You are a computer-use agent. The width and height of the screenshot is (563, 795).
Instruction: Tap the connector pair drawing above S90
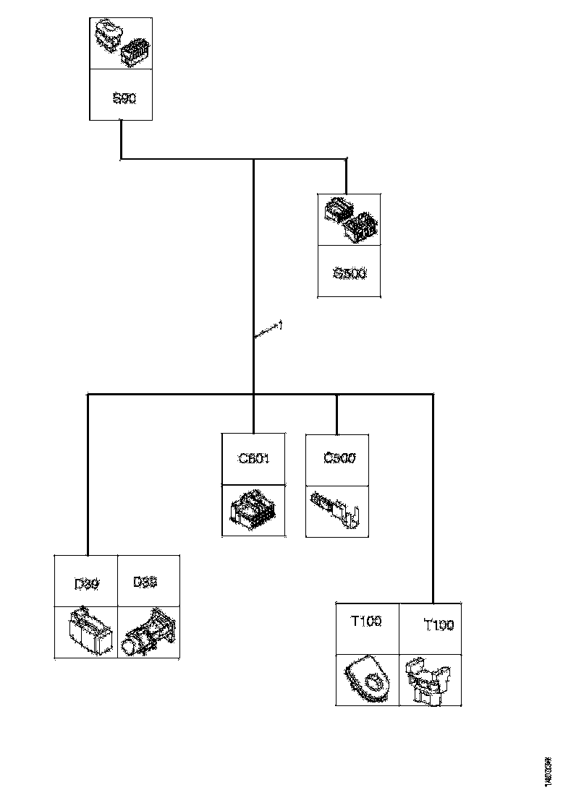coord(121,44)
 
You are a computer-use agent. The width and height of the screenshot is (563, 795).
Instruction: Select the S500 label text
coord(350,273)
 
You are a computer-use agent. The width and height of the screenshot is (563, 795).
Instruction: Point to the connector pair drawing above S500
coord(350,219)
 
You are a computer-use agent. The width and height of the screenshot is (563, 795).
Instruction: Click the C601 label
coord(253,458)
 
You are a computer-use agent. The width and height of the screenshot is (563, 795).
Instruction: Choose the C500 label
coord(338,458)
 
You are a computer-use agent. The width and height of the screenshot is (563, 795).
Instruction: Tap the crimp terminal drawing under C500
coord(337,510)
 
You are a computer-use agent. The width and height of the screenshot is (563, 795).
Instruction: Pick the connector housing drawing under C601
coord(253,510)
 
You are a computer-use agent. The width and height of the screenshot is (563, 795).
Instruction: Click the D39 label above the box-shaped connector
coord(87,583)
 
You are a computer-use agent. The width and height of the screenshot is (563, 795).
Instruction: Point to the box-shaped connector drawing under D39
coord(88,632)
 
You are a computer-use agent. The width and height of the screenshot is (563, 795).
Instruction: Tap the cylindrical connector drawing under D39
coord(149,633)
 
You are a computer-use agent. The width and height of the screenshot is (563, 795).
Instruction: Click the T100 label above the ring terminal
coord(368,621)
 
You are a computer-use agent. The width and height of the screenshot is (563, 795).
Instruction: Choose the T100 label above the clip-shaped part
coord(438,624)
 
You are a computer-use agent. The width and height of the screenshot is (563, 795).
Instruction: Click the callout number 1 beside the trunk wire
coord(280,326)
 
